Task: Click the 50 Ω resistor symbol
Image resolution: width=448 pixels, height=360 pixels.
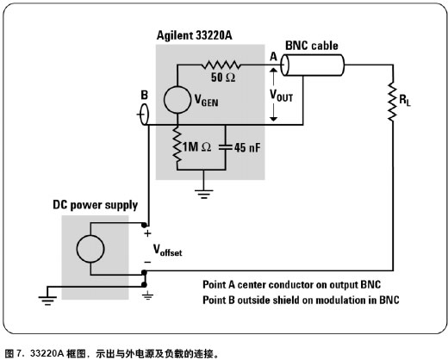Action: [x=221, y=65]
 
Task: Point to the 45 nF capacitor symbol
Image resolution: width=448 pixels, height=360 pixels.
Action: [x=226, y=147]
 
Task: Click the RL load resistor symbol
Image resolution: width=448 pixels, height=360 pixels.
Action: [x=392, y=102]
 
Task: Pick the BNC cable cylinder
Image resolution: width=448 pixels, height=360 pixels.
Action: [x=312, y=65]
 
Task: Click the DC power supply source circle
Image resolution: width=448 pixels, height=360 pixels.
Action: [x=90, y=249]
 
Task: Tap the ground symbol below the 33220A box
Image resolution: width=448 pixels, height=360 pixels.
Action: [x=203, y=194]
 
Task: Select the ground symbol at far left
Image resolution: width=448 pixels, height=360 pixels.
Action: [x=47, y=301]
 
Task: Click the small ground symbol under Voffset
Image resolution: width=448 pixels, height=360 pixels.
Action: [x=147, y=296]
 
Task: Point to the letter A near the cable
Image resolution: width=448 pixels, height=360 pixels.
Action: [x=274, y=57]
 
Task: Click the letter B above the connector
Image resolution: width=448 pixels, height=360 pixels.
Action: [x=145, y=95]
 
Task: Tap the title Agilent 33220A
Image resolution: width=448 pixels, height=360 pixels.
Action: [x=195, y=35]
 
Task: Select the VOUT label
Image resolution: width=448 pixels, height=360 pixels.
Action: [x=281, y=96]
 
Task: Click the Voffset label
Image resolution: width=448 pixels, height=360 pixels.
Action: [x=167, y=250]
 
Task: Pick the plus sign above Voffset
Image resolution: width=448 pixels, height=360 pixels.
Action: [x=147, y=233]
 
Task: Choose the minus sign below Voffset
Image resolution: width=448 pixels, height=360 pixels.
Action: [x=147, y=262]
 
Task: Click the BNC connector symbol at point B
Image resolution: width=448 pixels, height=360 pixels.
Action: [x=144, y=115]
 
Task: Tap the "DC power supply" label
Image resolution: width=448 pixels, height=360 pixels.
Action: [x=95, y=206]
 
